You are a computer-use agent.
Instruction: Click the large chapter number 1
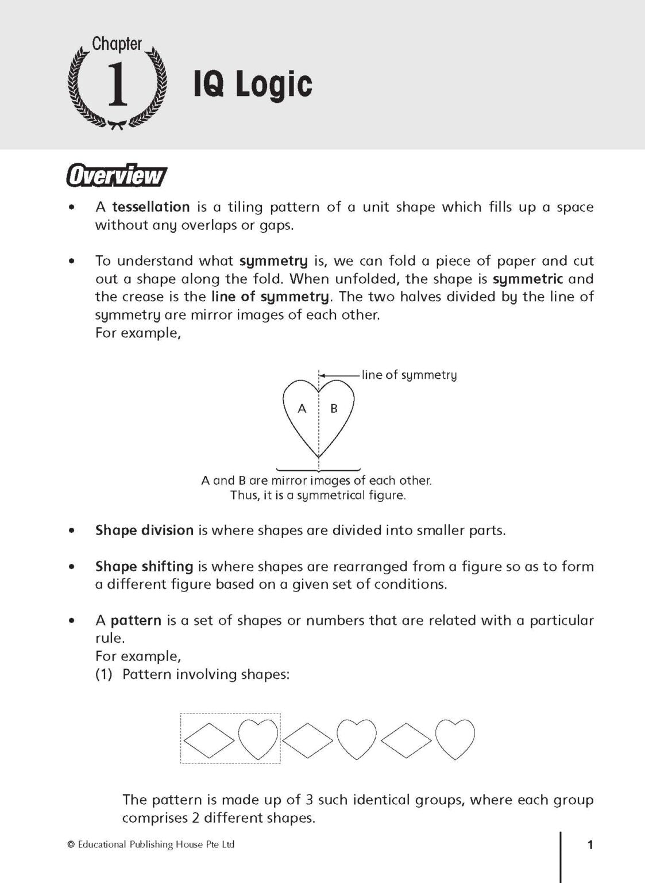[x=117, y=85]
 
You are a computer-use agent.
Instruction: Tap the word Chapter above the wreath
[x=117, y=44]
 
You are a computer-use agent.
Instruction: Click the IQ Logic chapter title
[x=253, y=85]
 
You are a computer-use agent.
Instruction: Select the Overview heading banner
[x=117, y=175]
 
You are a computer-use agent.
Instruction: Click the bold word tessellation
[x=150, y=207]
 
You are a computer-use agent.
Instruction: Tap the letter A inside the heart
[x=302, y=409]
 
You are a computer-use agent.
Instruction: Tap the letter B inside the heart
[x=334, y=409]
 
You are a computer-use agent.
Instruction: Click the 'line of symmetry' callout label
[x=409, y=375]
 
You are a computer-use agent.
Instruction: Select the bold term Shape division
[x=144, y=530]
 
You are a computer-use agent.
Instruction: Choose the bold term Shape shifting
[x=144, y=566]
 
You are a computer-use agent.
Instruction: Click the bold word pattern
[x=136, y=620]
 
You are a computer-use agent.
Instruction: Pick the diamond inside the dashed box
[x=209, y=739]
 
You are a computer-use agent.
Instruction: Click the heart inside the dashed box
[x=258, y=739]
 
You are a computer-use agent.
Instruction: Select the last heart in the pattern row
[x=455, y=739]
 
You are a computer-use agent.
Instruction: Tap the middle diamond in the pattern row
[x=307, y=739]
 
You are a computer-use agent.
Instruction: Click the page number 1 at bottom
[x=590, y=844]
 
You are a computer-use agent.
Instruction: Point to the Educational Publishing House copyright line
[x=151, y=844]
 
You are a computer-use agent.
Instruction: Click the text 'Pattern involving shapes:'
[x=206, y=674]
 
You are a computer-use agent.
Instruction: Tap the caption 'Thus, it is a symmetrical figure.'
[x=318, y=496]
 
